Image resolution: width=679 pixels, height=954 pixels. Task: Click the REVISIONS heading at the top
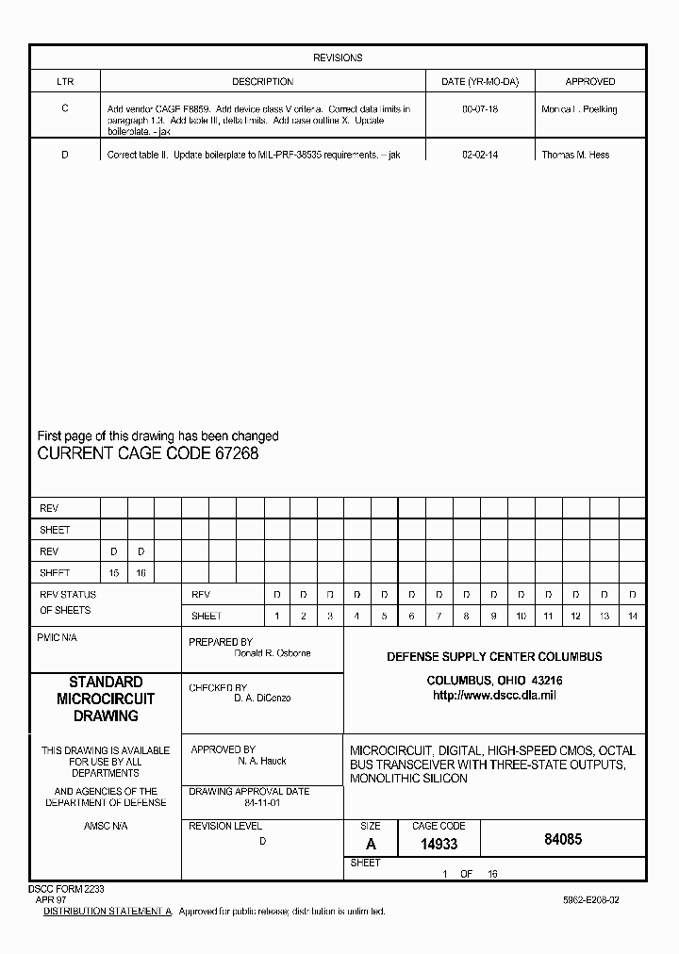click(x=338, y=58)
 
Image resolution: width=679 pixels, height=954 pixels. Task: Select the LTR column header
click(x=64, y=82)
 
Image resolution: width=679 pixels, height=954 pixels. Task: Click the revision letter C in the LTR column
click(x=64, y=108)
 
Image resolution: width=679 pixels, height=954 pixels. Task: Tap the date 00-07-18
click(x=480, y=109)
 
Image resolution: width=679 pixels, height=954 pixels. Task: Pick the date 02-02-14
click(x=480, y=155)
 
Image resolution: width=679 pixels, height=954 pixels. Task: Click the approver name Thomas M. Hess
click(x=575, y=155)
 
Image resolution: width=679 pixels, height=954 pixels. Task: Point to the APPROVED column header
click(x=589, y=82)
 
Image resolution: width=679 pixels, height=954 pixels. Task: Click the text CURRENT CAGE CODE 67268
click(x=147, y=453)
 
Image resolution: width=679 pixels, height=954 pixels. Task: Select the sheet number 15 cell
click(x=114, y=573)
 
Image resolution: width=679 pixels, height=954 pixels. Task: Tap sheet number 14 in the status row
click(x=632, y=617)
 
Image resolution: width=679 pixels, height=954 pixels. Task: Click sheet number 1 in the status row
click(x=277, y=617)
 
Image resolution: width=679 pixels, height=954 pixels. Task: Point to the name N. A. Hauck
click(x=262, y=761)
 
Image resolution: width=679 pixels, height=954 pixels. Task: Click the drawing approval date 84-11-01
click(x=263, y=803)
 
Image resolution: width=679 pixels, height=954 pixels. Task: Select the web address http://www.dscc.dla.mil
click(x=494, y=696)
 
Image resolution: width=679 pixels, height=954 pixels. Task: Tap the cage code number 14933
click(x=439, y=846)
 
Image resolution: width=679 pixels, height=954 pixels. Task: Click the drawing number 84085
click(x=563, y=839)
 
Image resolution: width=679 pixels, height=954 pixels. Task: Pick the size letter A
click(x=372, y=846)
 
